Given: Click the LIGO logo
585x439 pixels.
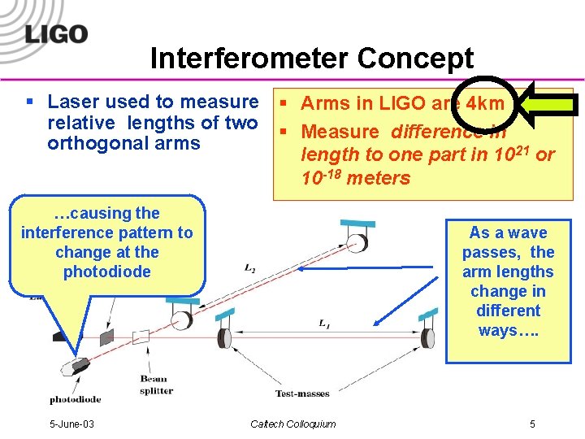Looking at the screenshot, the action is pos(56,33).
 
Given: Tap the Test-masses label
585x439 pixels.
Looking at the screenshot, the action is pos(302,393).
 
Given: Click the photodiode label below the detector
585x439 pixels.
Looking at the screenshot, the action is pos(76,399).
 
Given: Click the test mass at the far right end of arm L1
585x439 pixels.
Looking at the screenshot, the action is pos(426,337).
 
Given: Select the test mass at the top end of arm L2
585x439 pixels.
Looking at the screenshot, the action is pos(356,241).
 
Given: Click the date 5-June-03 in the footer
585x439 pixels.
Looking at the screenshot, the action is pos(71,424).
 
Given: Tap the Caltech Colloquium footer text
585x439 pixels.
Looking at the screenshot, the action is pos(292,424).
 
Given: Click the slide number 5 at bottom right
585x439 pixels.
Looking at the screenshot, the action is pos(532,424).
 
